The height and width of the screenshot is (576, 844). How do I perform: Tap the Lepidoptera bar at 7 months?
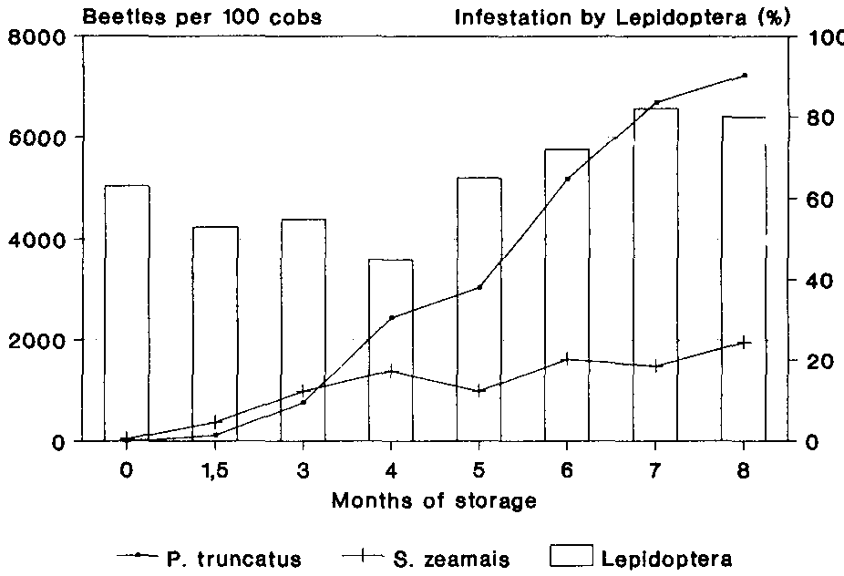tap(655, 274)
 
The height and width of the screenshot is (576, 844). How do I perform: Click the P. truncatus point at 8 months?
tap(745, 75)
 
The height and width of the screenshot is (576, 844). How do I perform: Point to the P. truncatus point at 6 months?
tap(567, 179)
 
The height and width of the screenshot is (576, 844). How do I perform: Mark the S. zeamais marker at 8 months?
tap(745, 343)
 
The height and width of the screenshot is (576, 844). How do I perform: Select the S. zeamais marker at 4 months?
tap(391, 371)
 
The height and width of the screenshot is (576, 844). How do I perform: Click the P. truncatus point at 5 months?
tap(479, 287)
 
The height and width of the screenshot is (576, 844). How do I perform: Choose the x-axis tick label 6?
tap(567, 468)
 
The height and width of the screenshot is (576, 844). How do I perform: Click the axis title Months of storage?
tap(434, 500)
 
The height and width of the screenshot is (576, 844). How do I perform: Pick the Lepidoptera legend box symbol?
tap(571, 556)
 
